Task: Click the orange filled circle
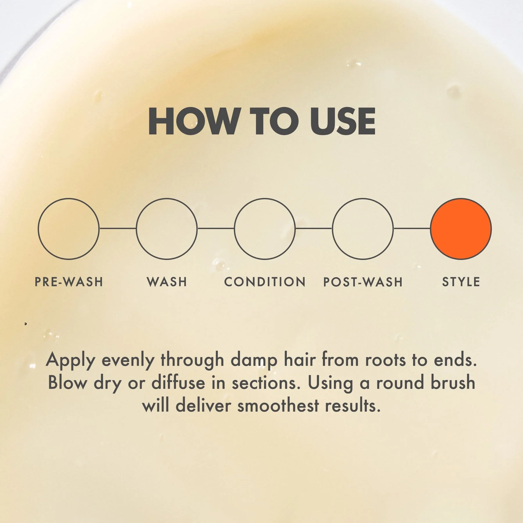click(461, 229)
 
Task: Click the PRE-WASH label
click(69, 282)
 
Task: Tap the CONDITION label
click(265, 282)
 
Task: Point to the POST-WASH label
click(363, 282)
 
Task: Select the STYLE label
click(461, 282)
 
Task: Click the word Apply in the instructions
click(71, 361)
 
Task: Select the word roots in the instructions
click(385, 361)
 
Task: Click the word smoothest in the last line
click(278, 405)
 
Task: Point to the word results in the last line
click(352, 405)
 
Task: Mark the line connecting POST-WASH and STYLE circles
click(412, 228)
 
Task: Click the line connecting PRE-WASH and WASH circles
click(118, 228)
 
